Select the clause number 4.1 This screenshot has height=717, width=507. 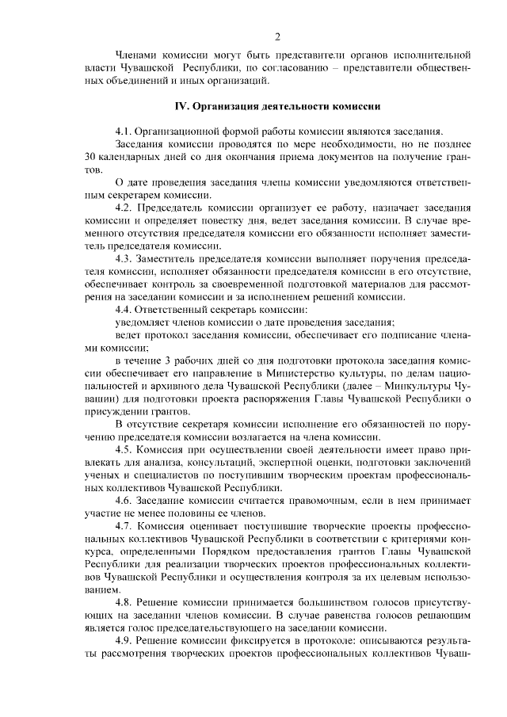124,132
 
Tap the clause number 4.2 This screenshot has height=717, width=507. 124,207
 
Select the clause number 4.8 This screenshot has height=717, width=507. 124,601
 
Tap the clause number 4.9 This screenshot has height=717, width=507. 124,639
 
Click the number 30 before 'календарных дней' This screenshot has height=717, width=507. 89,157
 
